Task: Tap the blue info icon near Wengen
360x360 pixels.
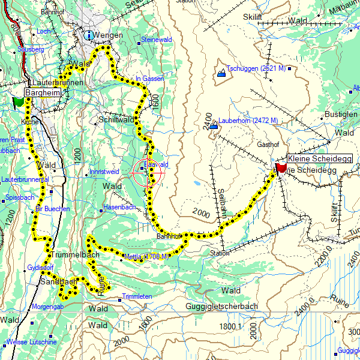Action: coord(89,35)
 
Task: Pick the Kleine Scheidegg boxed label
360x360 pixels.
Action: coord(319,158)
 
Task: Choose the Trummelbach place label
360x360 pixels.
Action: coord(74,254)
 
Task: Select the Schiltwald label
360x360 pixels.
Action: coord(116,120)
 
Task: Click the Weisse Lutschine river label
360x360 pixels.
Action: coord(31,342)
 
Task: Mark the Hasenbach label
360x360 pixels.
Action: coord(119,206)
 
